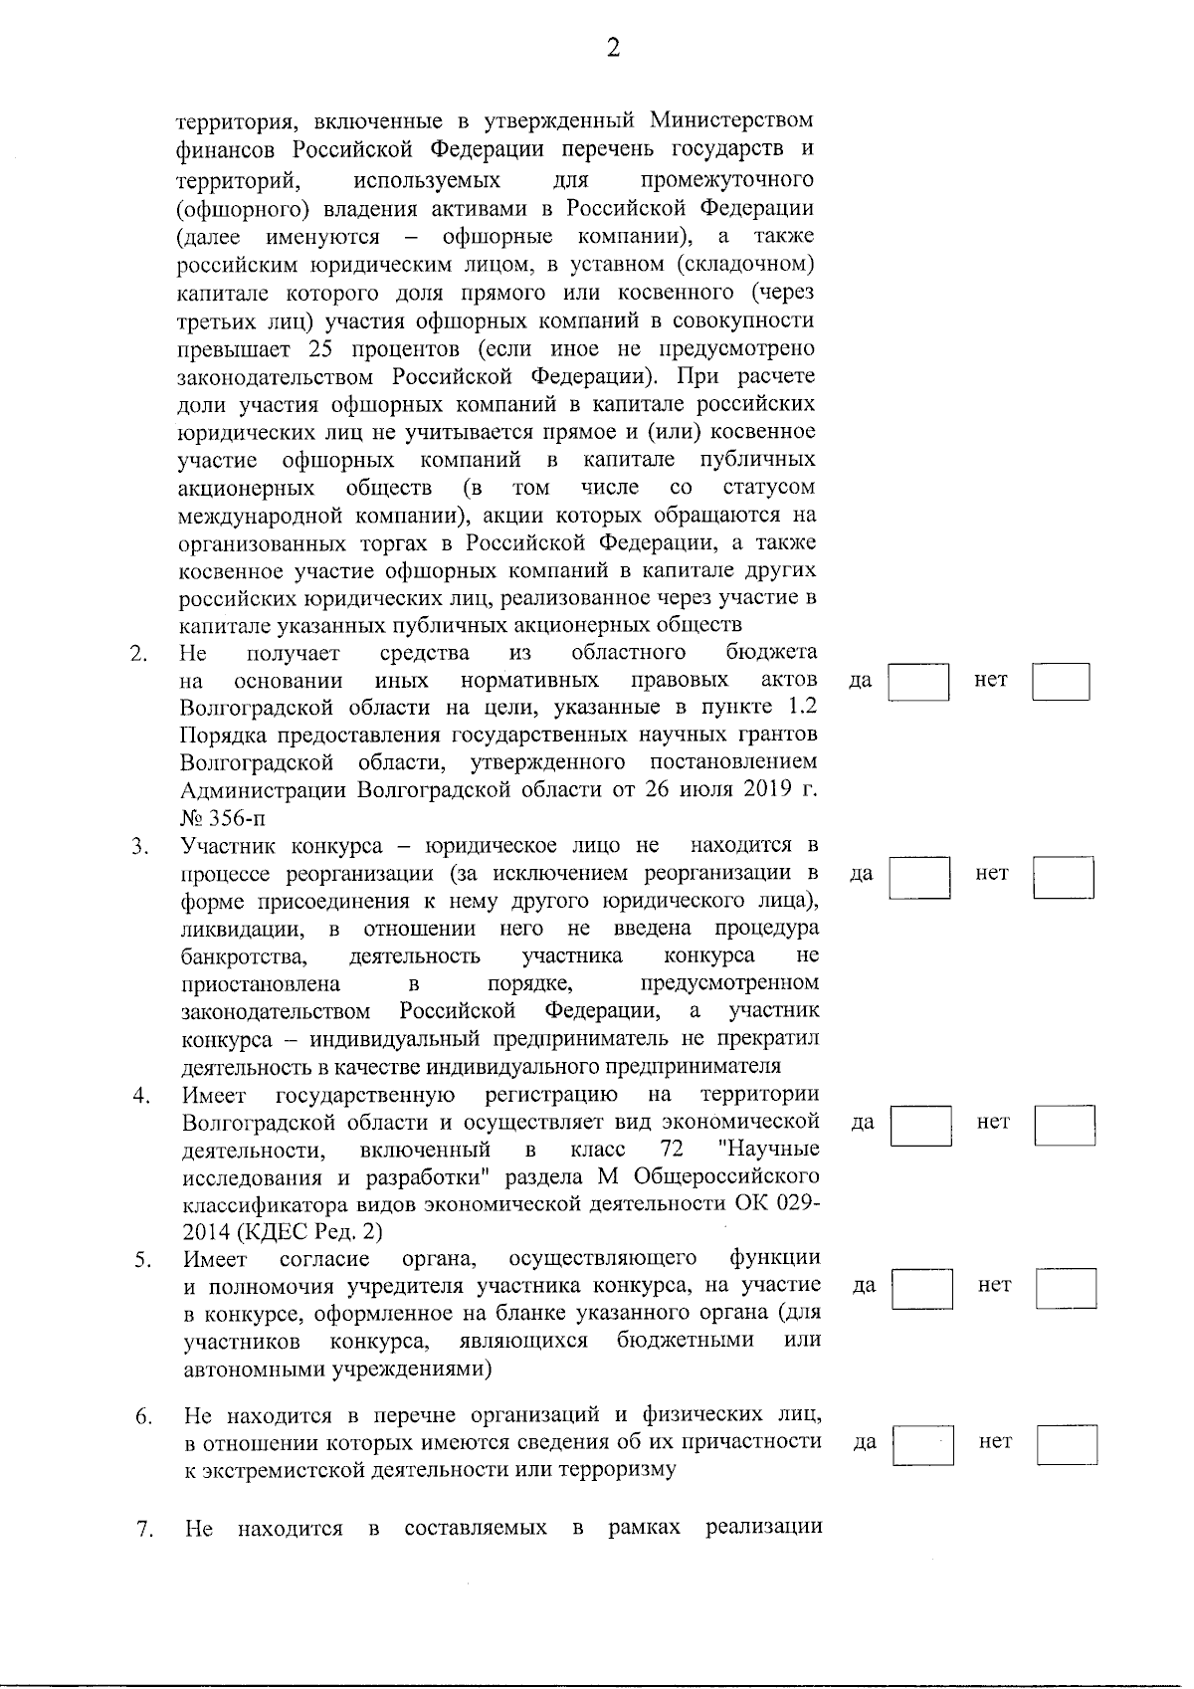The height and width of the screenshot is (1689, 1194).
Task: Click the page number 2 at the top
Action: point(613,47)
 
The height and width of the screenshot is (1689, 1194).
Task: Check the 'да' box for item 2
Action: point(917,682)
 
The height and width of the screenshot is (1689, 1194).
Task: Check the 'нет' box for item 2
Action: point(1061,682)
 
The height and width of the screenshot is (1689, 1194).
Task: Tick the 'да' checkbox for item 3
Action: point(918,876)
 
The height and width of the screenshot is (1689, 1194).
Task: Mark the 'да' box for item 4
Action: point(920,1125)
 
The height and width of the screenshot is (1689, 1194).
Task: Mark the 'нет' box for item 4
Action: point(1065,1125)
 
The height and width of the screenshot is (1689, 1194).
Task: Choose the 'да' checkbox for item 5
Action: point(921,1287)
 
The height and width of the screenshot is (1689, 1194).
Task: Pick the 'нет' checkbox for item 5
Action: point(1066,1287)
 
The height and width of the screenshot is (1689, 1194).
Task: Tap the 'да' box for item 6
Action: point(922,1444)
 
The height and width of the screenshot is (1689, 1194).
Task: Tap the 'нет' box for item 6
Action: point(1067,1444)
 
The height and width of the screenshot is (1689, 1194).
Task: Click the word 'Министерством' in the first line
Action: point(731,121)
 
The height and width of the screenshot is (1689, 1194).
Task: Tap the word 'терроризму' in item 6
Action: point(620,1469)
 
